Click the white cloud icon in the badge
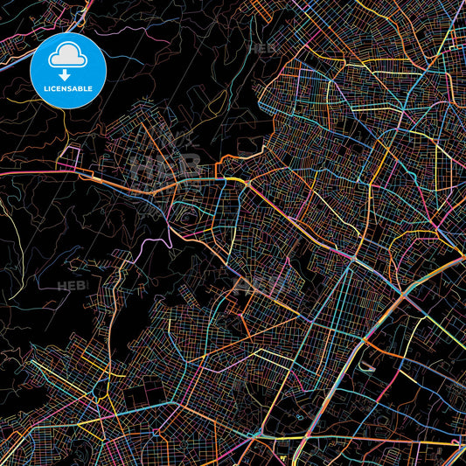point(67,57)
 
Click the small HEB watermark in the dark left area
point(72,285)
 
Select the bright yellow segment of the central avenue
point(234,179)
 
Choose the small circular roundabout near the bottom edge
point(300,418)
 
